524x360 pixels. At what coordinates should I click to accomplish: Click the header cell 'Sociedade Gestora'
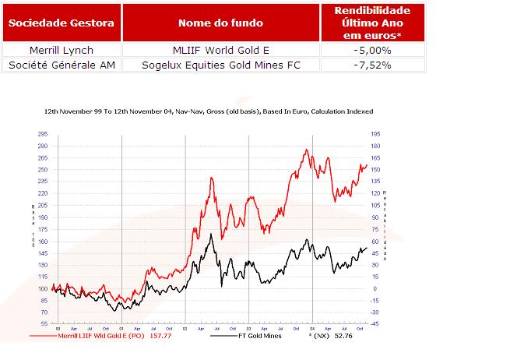pos(62,23)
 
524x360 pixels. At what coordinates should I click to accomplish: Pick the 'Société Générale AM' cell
pos(62,65)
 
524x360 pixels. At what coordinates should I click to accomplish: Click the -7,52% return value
pos(372,65)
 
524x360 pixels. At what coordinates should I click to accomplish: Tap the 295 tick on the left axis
pos(43,134)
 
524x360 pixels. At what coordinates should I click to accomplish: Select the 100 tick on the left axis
pos(43,288)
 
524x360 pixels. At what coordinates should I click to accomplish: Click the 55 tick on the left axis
pos(44,324)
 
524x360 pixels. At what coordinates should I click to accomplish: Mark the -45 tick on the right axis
pos(375,324)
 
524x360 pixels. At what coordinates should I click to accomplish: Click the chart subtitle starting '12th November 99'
pos(209,112)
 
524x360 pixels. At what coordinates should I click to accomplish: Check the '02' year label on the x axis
pos(185,328)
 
